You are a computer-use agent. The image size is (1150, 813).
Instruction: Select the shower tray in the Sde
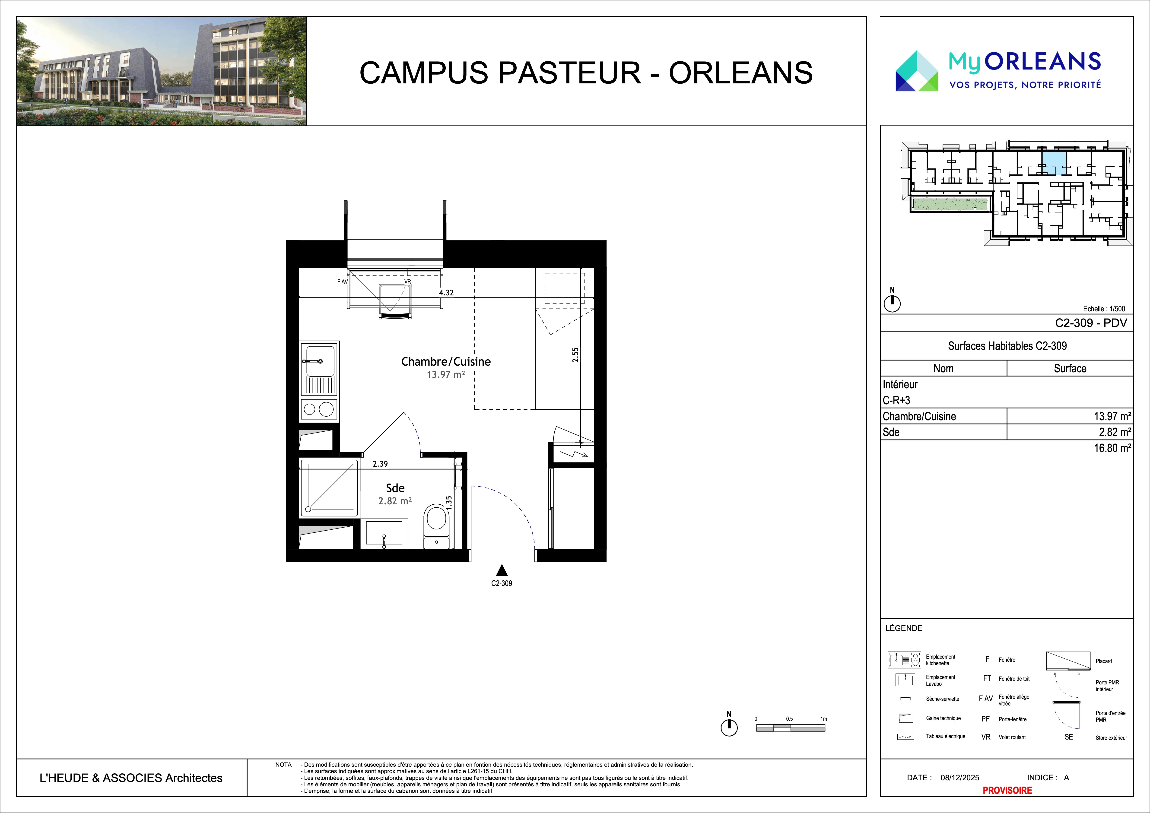tap(329, 487)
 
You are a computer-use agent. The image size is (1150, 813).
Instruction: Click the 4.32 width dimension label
tap(446, 292)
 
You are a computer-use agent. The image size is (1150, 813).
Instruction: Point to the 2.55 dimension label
tap(575, 355)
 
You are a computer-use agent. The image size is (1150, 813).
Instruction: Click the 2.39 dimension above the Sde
tap(380, 464)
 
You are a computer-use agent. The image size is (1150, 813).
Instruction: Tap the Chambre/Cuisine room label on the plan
tap(446, 361)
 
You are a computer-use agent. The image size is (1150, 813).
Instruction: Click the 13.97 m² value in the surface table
tap(1112, 416)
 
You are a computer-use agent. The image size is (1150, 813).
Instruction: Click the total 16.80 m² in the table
tap(1112, 448)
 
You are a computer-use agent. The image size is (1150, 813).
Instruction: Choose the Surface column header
tap(1070, 368)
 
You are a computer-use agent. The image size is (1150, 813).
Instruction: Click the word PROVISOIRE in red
tap(1007, 791)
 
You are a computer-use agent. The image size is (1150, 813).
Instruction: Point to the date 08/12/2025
tap(960, 778)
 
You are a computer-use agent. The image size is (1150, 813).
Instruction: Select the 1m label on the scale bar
tap(823, 719)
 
